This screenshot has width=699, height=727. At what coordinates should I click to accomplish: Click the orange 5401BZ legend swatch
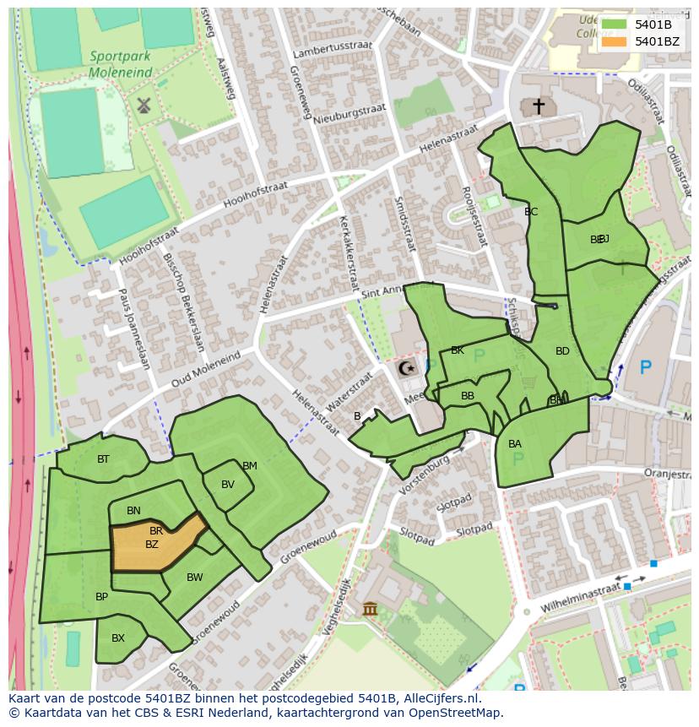tap(615, 41)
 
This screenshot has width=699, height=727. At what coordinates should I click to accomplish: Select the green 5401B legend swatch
tap(615, 24)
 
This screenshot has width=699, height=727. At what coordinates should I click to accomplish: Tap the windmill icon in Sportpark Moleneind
tap(143, 106)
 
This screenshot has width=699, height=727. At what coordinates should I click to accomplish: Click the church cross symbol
tap(538, 106)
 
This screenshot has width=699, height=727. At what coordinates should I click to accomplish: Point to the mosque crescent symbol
tap(407, 368)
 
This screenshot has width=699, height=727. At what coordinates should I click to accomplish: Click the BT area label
tap(103, 459)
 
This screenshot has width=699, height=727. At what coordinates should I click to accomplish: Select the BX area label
tap(118, 638)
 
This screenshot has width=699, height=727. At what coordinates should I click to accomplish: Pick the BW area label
tap(195, 578)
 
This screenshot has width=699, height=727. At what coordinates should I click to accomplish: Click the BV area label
tap(228, 485)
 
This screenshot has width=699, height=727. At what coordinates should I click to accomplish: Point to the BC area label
tap(531, 212)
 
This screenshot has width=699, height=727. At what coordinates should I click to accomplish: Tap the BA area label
tap(515, 444)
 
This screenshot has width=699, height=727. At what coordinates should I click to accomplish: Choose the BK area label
tap(458, 350)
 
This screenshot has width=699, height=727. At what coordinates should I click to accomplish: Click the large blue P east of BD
tap(646, 367)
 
